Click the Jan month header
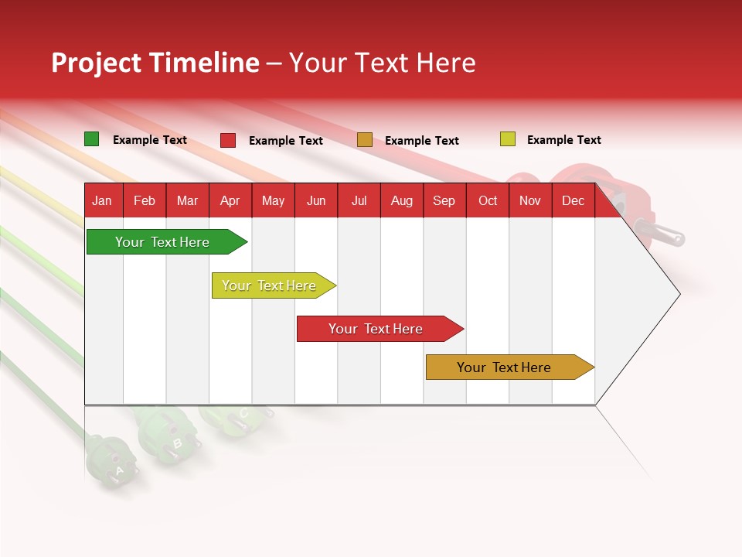[x=102, y=201]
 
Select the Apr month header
[x=230, y=201]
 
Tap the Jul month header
[x=359, y=201]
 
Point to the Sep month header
[x=444, y=201]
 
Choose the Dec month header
[x=573, y=201]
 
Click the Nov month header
[x=529, y=201]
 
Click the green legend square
[x=91, y=139]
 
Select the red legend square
[x=228, y=140]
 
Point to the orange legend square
[x=365, y=140]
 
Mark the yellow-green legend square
[x=507, y=139]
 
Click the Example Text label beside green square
[x=150, y=140]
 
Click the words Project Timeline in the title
[x=155, y=63]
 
